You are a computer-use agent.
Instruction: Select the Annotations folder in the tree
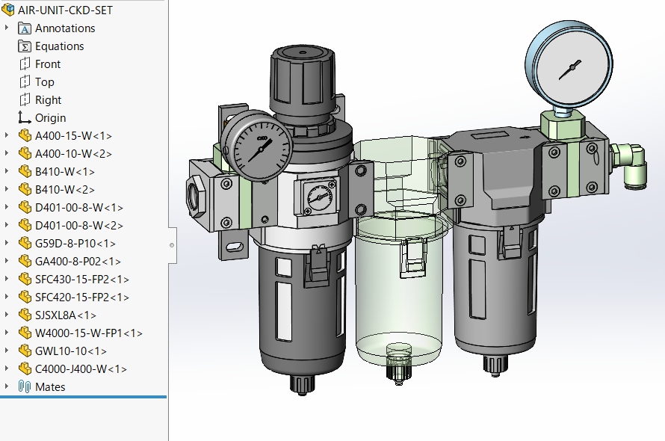(64, 28)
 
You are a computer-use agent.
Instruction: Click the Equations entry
(59, 46)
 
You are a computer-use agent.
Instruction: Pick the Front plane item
(48, 64)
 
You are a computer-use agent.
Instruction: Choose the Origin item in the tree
(50, 118)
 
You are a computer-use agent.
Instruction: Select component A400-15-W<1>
(73, 136)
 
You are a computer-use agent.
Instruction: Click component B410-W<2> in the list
(64, 190)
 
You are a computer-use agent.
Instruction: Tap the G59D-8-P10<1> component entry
(75, 244)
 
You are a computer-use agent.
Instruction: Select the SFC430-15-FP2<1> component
(81, 280)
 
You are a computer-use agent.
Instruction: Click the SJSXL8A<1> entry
(65, 315)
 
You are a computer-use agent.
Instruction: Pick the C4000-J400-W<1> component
(81, 369)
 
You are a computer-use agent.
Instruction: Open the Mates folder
(50, 387)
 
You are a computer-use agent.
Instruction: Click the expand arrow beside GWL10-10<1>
(7, 351)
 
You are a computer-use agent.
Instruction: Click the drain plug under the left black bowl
(301, 383)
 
